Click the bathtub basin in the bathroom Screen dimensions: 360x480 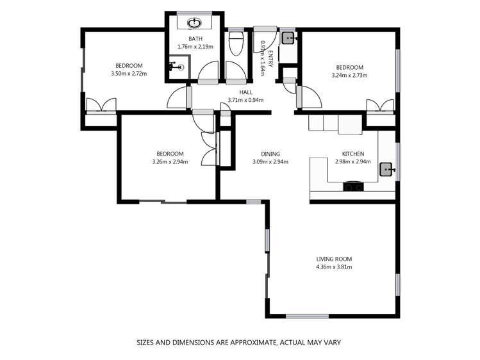coord(195,23)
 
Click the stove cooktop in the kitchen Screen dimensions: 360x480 coord(352,187)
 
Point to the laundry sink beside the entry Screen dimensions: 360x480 coord(288,38)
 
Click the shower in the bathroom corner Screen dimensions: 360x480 coord(178,67)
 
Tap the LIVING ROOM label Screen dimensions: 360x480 coord(334,259)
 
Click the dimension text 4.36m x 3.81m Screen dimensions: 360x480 coord(334,267)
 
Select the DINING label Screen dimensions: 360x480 coord(270,154)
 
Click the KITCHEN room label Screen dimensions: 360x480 coord(353,154)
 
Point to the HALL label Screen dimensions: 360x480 coord(245,92)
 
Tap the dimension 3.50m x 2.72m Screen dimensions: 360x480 coord(129,73)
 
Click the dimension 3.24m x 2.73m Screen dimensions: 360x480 coord(349,75)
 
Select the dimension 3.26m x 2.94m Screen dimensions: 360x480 coord(170,161)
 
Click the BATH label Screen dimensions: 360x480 coord(195,38)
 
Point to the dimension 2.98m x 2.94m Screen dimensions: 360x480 coord(353,161)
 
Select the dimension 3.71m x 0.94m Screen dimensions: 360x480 coord(245,100)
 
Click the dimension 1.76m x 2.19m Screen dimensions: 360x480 coord(195,47)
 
